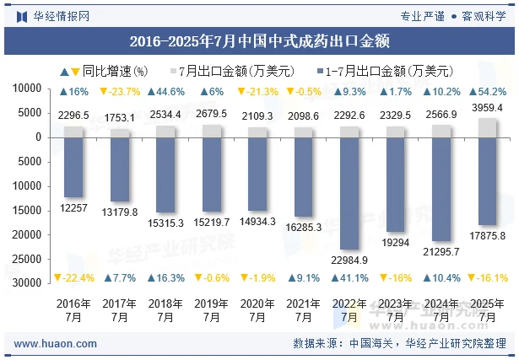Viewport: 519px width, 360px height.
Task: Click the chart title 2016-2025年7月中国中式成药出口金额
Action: click(x=259, y=40)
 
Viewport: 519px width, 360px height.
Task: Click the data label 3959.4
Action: click(x=488, y=108)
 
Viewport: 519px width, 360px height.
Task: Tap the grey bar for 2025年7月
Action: click(x=488, y=127)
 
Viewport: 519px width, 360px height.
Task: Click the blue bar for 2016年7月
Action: click(x=73, y=167)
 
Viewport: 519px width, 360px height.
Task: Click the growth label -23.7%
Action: click(x=120, y=92)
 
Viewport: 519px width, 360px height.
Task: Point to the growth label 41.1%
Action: click(x=350, y=278)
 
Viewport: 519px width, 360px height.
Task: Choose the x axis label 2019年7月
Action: click(x=212, y=310)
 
